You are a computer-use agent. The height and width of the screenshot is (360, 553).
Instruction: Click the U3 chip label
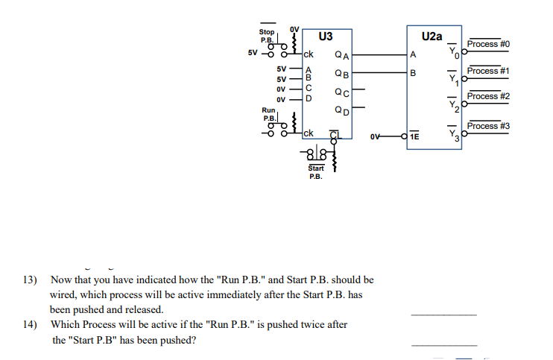325,36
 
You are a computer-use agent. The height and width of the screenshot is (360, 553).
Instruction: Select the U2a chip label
431,36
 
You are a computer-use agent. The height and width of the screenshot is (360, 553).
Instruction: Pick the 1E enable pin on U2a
414,136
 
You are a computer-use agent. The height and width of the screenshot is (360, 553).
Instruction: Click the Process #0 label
488,45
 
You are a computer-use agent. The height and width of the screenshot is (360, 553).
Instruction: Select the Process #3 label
488,126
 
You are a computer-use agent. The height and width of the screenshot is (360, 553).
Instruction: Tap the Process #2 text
488,96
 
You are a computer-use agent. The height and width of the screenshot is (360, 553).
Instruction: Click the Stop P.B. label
266,35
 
